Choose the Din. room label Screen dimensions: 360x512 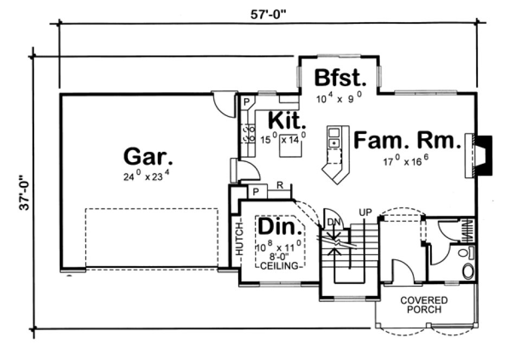tap(279, 226)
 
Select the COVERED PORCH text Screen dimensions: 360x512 tap(424, 305)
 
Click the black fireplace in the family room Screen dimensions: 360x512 tap(484, 156)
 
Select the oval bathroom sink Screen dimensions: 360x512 tap(467, 271)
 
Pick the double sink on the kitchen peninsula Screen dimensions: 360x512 tap(334, 138)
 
